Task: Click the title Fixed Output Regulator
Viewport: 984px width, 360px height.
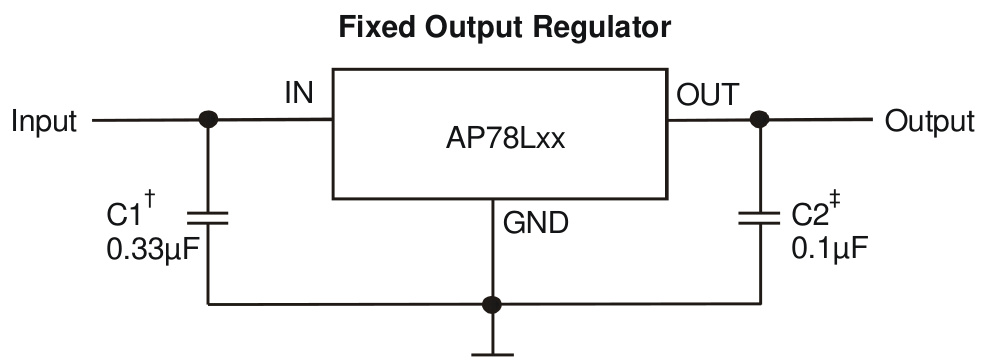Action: (504, 27)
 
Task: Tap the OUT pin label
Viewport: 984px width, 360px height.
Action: (709, 95)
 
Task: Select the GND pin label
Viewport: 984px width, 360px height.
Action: (535, 223)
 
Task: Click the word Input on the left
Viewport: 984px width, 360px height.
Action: (44, 122)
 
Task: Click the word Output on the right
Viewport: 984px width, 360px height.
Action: (929, 122)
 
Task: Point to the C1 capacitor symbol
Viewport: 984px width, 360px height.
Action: (208, 218)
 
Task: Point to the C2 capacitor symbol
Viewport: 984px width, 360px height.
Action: (759, 218)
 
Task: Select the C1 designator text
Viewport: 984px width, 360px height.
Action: (125, 215)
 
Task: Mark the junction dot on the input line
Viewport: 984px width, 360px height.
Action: (208, 120)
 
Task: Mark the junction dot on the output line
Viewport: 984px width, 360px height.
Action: (759, 120)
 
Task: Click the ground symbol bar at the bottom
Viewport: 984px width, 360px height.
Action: (491, 352)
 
